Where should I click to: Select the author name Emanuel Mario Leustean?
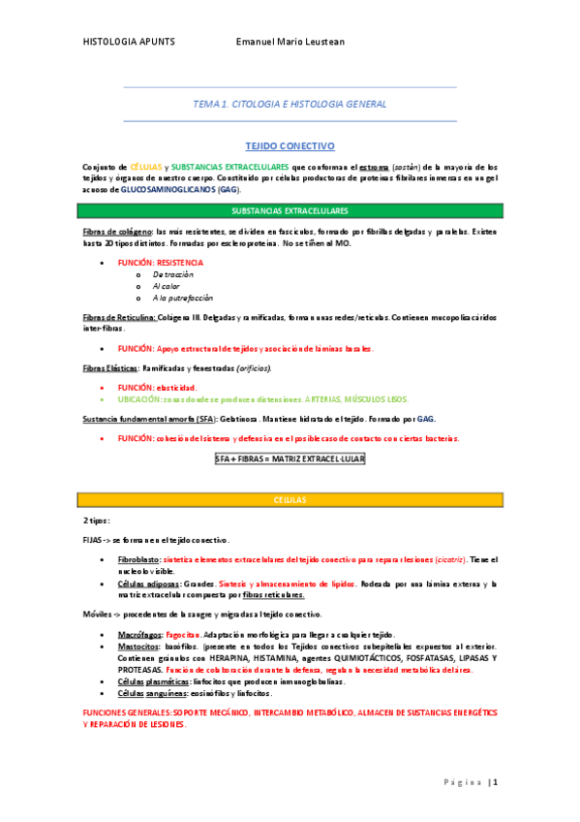291,43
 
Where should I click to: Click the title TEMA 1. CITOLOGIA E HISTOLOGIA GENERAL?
290,104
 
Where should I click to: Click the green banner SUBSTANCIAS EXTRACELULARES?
290,210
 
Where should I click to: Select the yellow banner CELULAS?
290,499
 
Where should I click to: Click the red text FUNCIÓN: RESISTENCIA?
161,263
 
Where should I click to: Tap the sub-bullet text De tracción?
174,274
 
